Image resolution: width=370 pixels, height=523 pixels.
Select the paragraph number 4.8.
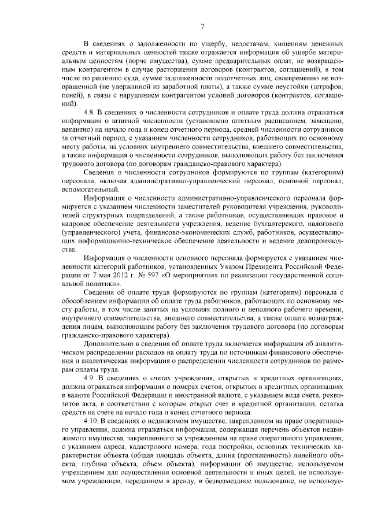pyautogui.click(x=91, y=111)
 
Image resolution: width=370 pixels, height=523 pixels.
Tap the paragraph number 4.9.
pyautogui.click(x=91, y=377)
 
